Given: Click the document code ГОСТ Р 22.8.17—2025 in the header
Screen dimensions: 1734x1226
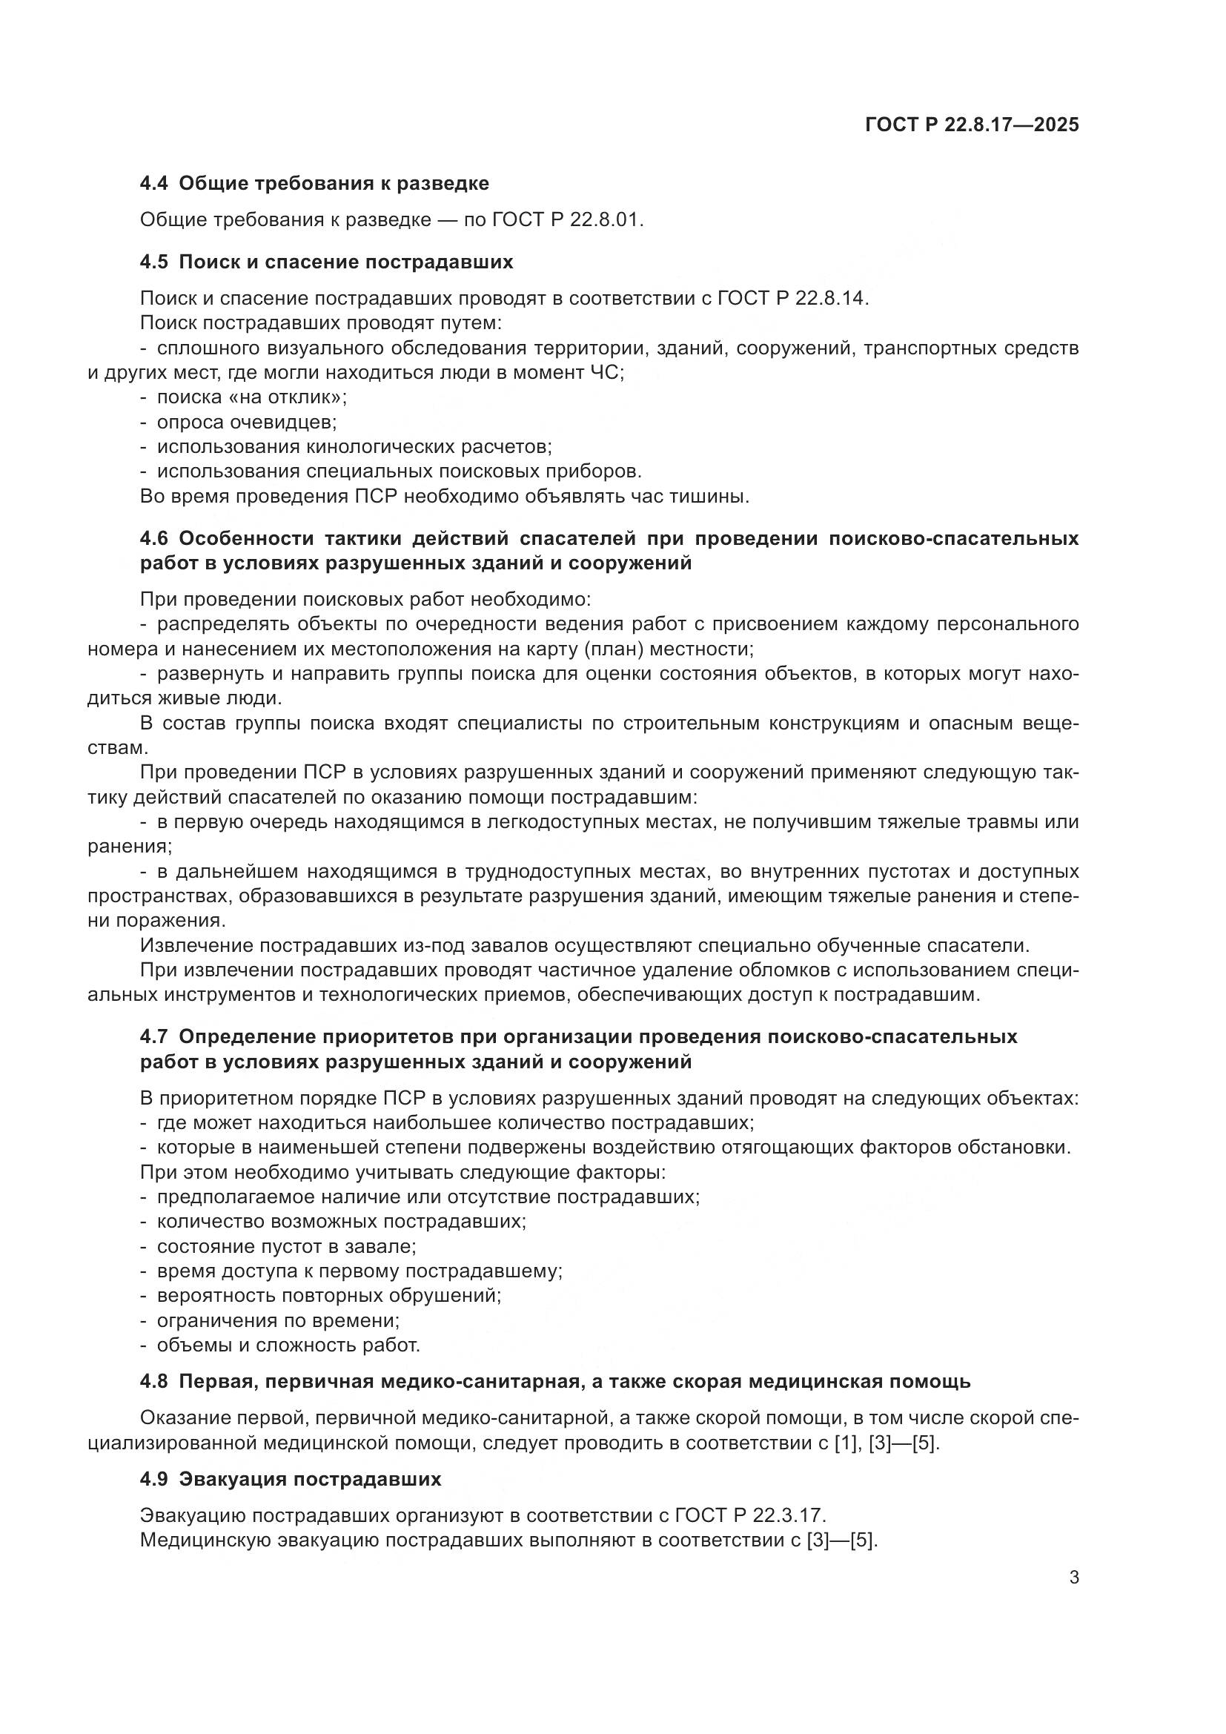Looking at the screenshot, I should coord(972,125).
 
